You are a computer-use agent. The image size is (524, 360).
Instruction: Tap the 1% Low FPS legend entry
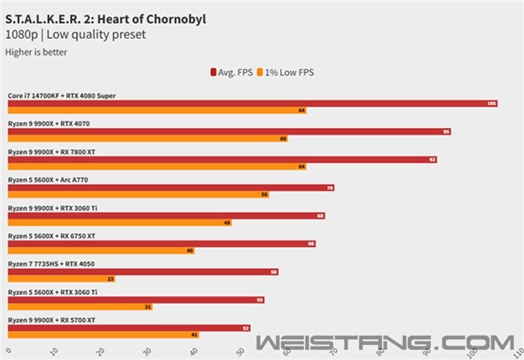(287, 73)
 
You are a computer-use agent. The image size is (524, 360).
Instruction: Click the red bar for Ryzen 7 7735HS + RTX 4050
(143, 272)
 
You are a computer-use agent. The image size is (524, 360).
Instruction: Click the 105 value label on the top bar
(491, 103)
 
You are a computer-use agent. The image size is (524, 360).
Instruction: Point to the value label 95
(446, 132)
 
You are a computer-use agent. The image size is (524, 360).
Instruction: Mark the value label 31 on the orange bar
(147, 307)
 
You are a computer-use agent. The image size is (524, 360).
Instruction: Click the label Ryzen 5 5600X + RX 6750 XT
(52, 236)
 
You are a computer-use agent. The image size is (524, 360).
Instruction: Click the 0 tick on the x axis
(8, 349)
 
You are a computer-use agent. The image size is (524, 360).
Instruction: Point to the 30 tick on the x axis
(147, 350)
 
